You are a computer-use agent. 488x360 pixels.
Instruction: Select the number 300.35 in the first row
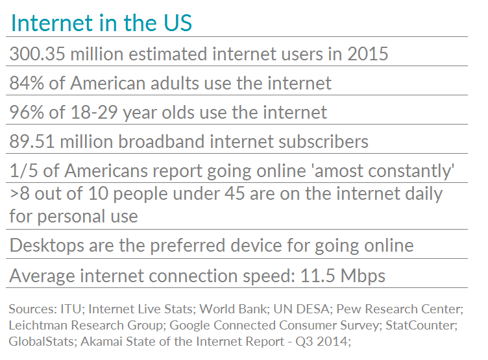(x=38, y=54)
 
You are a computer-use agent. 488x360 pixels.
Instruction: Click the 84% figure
(x=27, y=84)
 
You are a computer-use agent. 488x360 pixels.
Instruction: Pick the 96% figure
(x=27, y=112)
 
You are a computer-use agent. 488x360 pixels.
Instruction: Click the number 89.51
(x=32, y=141)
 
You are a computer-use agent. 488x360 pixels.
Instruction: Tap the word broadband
(x=161, y=141)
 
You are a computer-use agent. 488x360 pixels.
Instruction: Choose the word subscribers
(x=323, y=141)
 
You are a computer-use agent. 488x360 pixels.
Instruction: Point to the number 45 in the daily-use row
(x=234, y=193)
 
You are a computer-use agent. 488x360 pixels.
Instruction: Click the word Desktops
(x=47, y=246)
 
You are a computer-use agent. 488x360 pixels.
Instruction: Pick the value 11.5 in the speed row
(x=317, y=276)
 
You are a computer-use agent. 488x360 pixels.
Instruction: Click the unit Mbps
(x=363, y=276)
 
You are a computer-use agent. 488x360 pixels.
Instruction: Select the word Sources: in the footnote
(x=32, y=309)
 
